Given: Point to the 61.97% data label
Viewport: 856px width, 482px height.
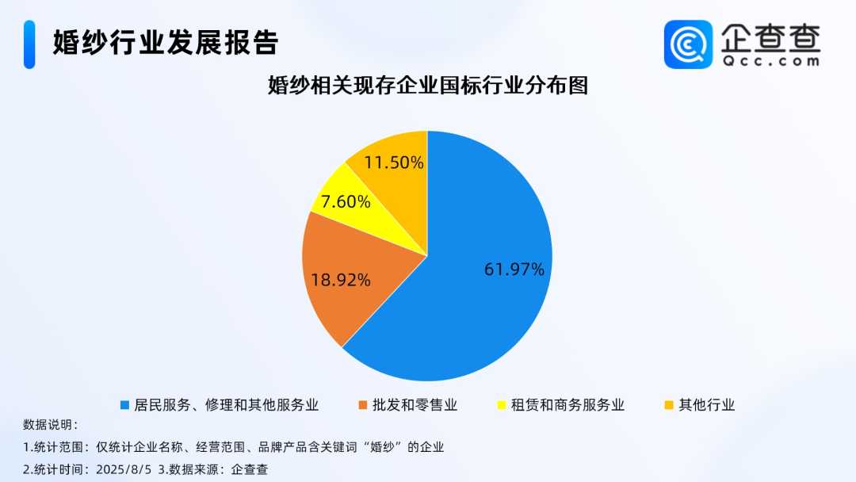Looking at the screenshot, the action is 514,269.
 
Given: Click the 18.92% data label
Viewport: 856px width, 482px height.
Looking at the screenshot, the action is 341,280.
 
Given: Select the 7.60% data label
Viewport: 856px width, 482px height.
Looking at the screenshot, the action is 346,202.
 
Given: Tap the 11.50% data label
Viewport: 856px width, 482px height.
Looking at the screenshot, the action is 394,163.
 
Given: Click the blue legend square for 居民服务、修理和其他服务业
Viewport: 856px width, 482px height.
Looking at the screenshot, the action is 124,405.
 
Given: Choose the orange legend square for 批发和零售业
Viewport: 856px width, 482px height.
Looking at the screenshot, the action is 362,405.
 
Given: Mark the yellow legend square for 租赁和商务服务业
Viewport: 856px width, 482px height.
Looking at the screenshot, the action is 502,405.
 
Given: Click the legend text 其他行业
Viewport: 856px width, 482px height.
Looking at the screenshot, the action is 707,405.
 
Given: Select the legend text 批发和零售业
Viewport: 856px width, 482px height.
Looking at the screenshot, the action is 415,405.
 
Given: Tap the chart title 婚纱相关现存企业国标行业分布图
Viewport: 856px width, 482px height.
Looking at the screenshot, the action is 428,86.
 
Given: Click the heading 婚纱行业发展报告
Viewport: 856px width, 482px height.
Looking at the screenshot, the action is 166,43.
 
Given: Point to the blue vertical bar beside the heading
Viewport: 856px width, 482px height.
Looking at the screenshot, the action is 29,44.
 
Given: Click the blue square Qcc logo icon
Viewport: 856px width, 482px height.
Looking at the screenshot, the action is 689,44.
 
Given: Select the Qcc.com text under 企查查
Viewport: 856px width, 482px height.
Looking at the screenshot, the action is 771,61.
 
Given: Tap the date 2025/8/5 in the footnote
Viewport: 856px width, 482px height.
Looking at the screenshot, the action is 124,469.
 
